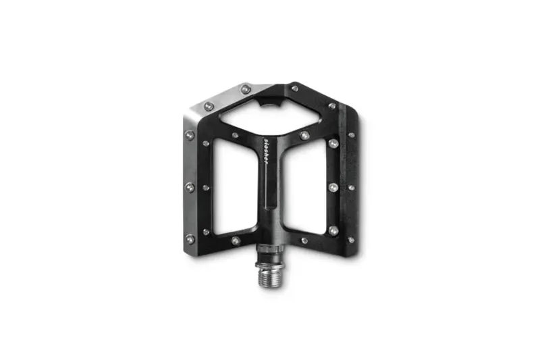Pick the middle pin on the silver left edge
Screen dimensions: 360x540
pyautogui.click(x=189, y=186)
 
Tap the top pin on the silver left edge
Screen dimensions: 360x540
pyautogui.click(x=190, y=135)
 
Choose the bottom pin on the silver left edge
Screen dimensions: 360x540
pyautogui.click(x=190, y=237)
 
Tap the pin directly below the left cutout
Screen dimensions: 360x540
pyautogui.click(x=234, y=240)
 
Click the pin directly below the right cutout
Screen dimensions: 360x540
pyautogui.click(x=304, y=240)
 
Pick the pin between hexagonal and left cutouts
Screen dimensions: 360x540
pyautogui.click(x=234, y=135)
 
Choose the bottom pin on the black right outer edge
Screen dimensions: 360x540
pyautogui.click(x=350, y=239)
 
